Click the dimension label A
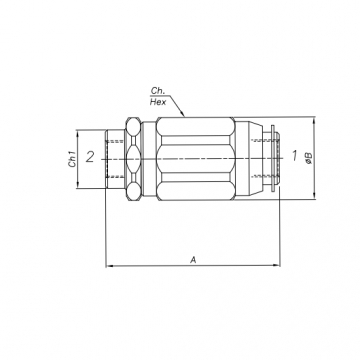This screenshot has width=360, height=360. (x=193, y=260)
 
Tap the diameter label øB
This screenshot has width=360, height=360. (x=309, y=158)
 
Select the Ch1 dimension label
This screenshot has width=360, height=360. (x=72, y=159)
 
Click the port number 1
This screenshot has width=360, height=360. (x=294, y=156)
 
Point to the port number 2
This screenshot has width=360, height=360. (x=90, y=157)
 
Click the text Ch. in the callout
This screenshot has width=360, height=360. (x=157, y=91)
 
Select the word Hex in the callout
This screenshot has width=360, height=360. (x=158, y=102)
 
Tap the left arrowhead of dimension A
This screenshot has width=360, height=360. (x=109, y=266)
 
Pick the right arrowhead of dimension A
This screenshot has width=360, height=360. (x=276, y=265)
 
